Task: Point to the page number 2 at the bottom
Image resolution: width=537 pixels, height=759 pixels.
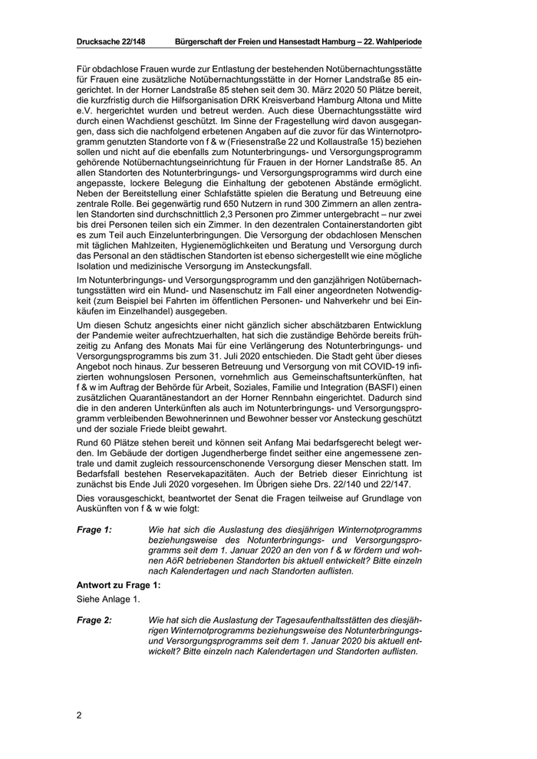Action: point(79,715)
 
